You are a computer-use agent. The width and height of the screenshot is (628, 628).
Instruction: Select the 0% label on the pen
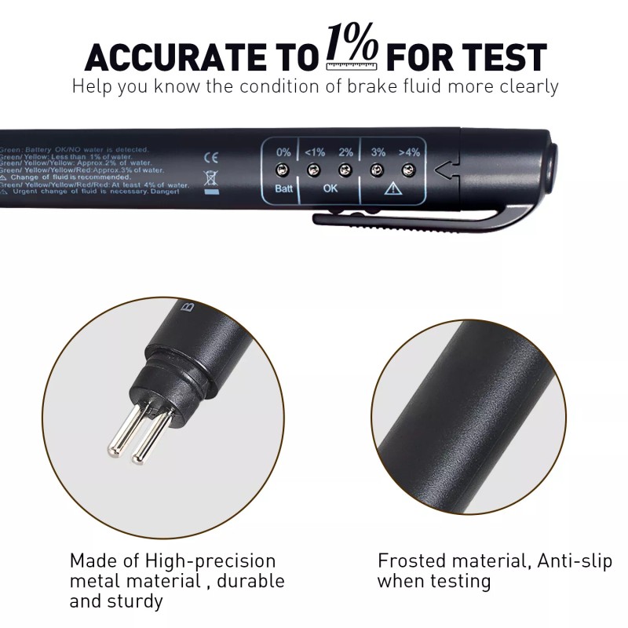pyautogui.click(x=283, y=152)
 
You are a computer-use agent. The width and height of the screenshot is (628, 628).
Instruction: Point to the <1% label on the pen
pyautogui.click(x=314, y=152)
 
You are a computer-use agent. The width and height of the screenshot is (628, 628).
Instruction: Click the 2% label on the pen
pyautogui.click(x=345, y=152)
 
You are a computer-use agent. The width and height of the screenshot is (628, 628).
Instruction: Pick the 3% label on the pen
pyautogui.click(x=378, y=152)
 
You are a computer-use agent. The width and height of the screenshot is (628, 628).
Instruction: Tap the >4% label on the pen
pyautogui.click(x=410, y=152)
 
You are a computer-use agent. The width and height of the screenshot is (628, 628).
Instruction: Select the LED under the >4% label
pyautogui.click(x=409, y=170)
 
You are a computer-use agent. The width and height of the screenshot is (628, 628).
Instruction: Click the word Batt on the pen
pyautogui.click(x=283, y=189)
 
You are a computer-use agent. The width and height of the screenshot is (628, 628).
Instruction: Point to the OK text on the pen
pyautogui.click(x=330, y=189)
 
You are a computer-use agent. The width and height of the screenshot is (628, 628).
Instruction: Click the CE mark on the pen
pyautogui.click(x=210, y=157)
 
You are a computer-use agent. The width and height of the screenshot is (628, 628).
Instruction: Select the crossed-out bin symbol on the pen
pyautogui.click(x=210, y=177)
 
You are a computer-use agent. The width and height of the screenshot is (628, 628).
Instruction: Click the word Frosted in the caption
pyautogui.click(x=409, y=560)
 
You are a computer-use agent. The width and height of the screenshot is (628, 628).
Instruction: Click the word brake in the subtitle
pyautogui.click(x=378, y=86)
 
